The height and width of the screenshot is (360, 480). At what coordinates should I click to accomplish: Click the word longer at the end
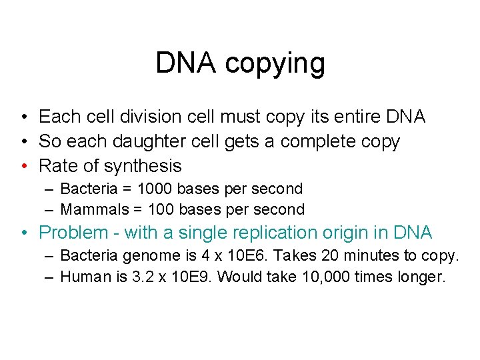click(x=423, y=276)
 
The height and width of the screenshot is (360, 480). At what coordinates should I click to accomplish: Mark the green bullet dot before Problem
click(x=24, y=233)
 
